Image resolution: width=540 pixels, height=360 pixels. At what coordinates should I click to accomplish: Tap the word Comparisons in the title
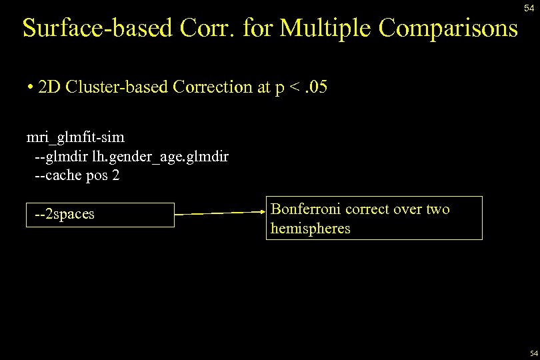pyautogui.click(x=448, y=28)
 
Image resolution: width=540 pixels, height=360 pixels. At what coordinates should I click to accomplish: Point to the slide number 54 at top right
pyautogui.click(x=529, y=7)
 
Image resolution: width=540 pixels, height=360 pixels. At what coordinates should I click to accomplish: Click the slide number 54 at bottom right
pyautogui.click(x=533, y=353)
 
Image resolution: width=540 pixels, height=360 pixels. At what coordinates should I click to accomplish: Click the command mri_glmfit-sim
pyautogui.click(x=75, y=137)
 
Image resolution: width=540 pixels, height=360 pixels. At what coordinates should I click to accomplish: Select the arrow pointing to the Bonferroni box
pyautogui.click(x=220, y=213)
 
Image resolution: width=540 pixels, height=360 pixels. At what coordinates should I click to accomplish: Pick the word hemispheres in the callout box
pyautogui.click(x=310, y=229)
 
